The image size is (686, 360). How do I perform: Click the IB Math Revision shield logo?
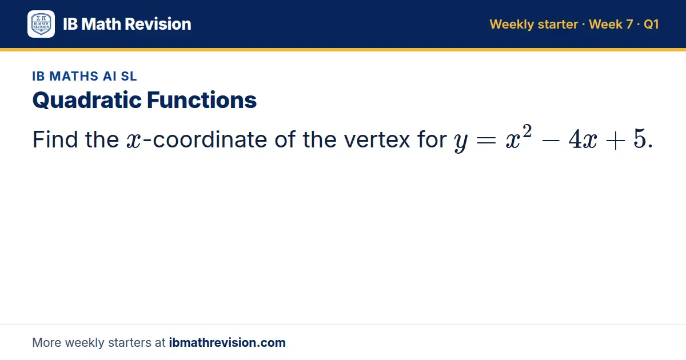tap(41, 24)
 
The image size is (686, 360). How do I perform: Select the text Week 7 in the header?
tap(611, 24)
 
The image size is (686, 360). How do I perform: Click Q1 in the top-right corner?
tap(651, 24)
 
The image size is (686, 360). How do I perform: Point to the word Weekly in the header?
tap(512, 25)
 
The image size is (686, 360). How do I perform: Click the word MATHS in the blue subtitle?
tap(74, 76)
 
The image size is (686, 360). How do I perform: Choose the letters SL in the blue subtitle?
tap(129, 76)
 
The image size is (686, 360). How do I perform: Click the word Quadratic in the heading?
tap(87, 101)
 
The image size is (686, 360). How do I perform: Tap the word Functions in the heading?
tap(201, 100)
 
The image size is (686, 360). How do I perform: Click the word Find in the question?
tap(55, 139)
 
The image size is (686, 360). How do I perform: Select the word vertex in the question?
tap(377, 139)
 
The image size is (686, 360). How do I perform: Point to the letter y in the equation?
tap(461, 142)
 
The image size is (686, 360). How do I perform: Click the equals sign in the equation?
tap(486, 141)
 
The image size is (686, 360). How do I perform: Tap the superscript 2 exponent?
tap(527, 131)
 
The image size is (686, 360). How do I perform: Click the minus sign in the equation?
tap(551, 141)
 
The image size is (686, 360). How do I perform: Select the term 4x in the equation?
tap(583, 139)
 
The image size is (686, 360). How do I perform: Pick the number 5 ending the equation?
tap(640, 139)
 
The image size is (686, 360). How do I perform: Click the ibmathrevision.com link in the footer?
tap(228, 342)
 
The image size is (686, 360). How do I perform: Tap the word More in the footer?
tap(46, 342)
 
